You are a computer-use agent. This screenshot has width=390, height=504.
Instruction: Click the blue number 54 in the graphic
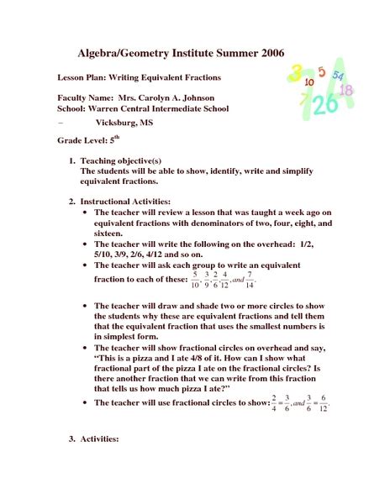pos(337,75)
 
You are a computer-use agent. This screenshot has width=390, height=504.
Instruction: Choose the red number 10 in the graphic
pos(310,82)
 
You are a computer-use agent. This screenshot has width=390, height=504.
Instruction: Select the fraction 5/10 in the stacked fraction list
pos(196,279)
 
